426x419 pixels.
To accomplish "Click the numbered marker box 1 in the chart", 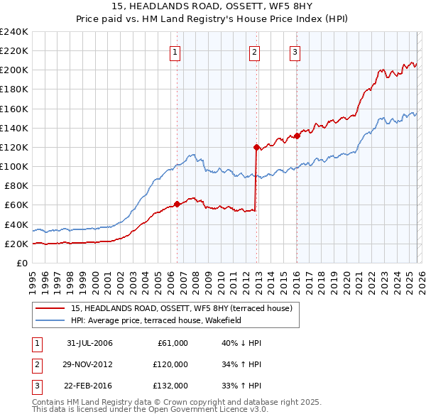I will pos(175,51).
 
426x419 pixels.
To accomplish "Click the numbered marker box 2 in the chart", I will pos(254,51).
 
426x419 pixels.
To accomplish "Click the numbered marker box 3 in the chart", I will pos(295,51).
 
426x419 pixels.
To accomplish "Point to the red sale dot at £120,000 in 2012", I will pos(256,147).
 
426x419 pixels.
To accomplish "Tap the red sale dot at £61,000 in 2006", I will pos(177,204).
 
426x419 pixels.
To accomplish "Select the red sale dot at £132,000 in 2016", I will pos(297,136).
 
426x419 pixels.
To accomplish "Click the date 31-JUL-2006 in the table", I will pos(89,343).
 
